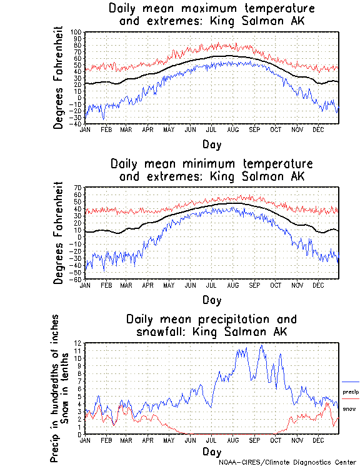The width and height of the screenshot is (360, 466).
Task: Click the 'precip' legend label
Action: [x=351, y=392]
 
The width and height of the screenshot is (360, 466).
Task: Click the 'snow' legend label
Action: [x=349, y=409]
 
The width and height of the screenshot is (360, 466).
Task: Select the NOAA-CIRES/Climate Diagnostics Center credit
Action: [x=287, y=462]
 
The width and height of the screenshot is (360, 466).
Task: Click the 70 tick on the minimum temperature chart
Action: [x=79, y=188]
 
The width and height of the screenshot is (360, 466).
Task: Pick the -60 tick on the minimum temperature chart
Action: [x=77, y=279]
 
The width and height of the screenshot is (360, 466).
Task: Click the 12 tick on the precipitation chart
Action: [x=79, y=343]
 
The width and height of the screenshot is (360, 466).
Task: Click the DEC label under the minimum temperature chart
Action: [x=318, y=285]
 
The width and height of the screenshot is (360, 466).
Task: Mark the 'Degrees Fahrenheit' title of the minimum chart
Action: [x=58, y=233]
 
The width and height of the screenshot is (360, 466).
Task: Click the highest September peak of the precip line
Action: [x=261, y=345]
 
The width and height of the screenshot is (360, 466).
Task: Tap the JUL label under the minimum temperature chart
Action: [x=211, y=285]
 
